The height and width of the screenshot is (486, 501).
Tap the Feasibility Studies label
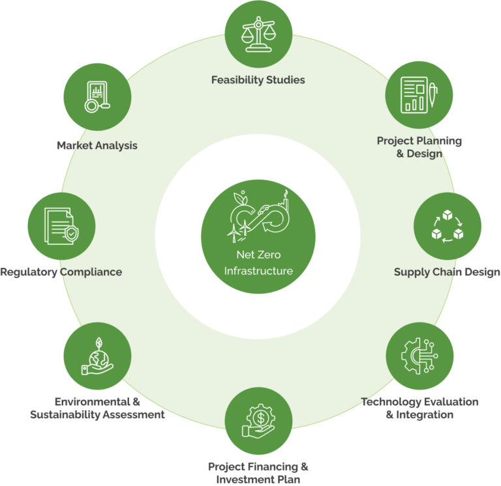(x=258, y=80)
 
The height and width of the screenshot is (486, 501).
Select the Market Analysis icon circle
(x=97, y=97)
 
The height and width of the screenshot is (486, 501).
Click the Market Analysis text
(x=97, y=145)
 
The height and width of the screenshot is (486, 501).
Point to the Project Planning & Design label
(x=419, y=147)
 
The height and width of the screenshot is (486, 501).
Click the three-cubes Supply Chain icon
(x=448, y=225)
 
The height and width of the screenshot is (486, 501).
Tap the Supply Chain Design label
(x=448, y=272)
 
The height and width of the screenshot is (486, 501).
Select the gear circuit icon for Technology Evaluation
(x=419, y=354)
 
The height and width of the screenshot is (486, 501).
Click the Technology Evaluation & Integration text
(x=420, y=408)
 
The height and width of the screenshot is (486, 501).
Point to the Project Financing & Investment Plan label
(x=258, y=473)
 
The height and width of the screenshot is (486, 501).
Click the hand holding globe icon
(x=97, y=356)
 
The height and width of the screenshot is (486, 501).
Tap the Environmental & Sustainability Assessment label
(x=97, y=408)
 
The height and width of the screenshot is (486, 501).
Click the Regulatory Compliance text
(x=61, y=272)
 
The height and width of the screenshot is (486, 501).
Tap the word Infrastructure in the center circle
(x=258, y=270)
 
